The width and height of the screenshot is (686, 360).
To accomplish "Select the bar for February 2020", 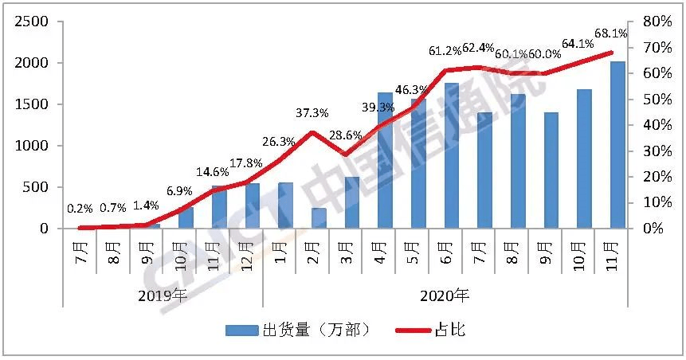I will (296, 218).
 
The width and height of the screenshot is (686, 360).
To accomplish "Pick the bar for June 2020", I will (451, 156).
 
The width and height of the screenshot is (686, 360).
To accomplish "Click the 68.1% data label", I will (611, 33).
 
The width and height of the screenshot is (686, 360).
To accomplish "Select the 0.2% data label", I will (80, 209).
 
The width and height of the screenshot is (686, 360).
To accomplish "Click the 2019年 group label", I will (163, 295).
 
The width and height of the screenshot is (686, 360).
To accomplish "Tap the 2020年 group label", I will (445, 295).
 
